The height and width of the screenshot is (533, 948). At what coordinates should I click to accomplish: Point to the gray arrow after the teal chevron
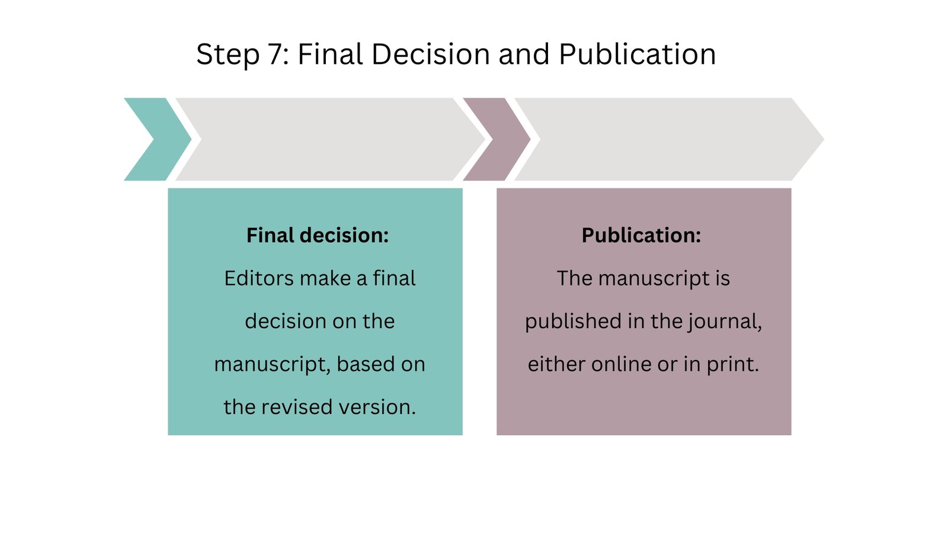[x=329, y=139]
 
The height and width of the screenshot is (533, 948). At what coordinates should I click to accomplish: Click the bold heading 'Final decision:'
[x=318, y=236]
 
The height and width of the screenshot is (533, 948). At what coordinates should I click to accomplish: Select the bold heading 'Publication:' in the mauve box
[x=641, y=236]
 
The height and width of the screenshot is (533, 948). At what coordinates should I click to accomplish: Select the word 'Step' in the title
[x=228, y=55]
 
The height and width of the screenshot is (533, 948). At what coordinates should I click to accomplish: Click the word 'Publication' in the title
[x=638, y=55]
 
